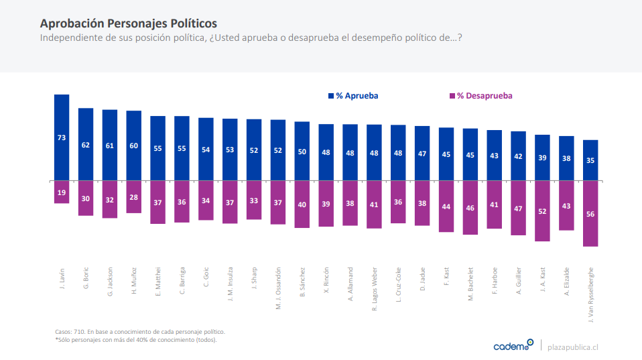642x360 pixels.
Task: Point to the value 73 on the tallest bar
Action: [x=62, y=137]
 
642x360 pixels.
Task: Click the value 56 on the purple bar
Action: [x=590, y=215]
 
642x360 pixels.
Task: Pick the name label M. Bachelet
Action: [x=470, y=284]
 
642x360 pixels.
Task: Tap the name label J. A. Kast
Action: [x=543, y=280]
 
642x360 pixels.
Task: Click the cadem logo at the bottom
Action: [x=513, y=346]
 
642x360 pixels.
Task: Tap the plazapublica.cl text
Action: [x=572, y=347]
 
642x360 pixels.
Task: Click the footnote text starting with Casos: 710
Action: [x=139, y=332]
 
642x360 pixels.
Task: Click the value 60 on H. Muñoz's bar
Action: [x=134, y=145]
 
